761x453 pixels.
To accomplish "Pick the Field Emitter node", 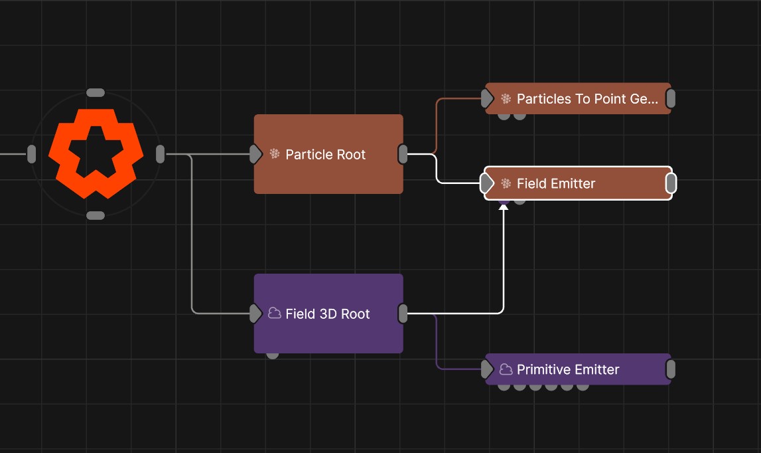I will point(578,183).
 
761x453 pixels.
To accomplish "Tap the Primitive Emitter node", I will point(578,369).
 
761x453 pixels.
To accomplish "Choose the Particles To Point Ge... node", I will point(578,99).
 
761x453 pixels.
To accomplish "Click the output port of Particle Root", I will point(403,154).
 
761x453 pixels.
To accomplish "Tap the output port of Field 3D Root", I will point(403,314).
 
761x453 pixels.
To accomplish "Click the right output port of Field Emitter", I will point(671,183).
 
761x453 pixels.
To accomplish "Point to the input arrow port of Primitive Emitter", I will point(488,369).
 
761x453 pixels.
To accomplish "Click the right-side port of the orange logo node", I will point(160,154).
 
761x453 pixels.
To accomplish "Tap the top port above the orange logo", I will point(96,92).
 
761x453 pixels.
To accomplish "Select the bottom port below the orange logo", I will point(96,215).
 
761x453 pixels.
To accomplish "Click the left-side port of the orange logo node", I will point(31,154).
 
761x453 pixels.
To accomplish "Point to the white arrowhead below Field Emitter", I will point(504,208).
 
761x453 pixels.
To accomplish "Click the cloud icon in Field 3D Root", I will point(274,314).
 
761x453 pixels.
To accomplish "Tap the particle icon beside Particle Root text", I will point(274,154).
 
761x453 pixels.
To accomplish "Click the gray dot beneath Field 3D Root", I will point(273,355).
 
